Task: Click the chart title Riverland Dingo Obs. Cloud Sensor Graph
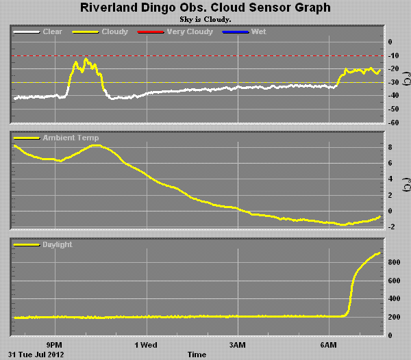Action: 206,8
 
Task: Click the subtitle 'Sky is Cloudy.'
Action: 206,19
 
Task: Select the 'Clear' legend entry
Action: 52,31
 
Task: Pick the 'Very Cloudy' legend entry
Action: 167,31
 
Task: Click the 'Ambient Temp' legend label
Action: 71,138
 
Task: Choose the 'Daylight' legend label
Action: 57,244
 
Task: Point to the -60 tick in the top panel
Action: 393,123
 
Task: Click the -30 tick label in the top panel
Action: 393,82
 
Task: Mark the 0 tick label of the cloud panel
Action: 390,42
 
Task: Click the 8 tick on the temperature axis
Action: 390,147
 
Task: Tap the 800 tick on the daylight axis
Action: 393,262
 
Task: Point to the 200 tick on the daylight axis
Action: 393,317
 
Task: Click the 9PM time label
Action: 54,344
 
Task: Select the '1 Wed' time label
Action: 146,344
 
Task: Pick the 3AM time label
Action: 237,344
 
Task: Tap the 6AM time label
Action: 329,344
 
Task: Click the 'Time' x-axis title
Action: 197,355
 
